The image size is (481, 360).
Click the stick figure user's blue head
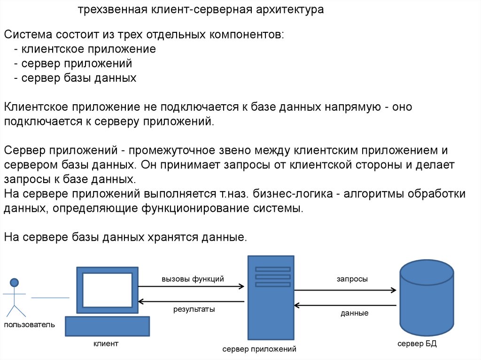[15, 282]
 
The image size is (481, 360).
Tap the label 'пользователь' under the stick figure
[30, 324]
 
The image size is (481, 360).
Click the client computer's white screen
[107, 290]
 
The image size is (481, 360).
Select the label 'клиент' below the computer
[106, 344]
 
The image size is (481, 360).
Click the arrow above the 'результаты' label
[191, 302]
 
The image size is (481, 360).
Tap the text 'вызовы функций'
[193, 279]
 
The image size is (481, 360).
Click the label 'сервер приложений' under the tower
[259, 349]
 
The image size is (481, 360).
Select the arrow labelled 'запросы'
[345, 290]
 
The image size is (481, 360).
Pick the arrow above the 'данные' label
[345, 306]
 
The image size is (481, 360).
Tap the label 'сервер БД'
[417, 344]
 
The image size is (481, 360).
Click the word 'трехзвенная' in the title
[112, 10]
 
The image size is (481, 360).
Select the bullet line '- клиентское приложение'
[85, 49]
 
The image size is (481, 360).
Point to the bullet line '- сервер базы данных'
[75, 78]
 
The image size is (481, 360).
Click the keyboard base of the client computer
[107, 326]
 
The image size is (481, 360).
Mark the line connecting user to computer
[50, 298]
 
